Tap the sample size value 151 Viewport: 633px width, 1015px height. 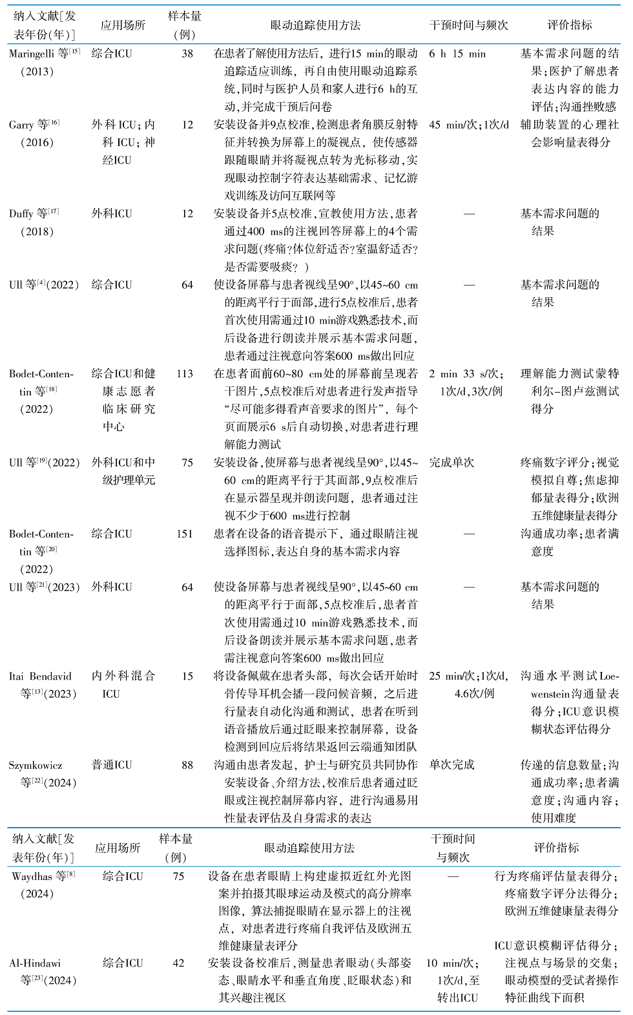pyautogui.click(x=185, y=534)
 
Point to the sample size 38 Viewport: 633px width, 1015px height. pyautogui.click(x=187, y=54)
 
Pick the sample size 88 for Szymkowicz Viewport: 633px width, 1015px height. pyautogui.click(x=187, y=765)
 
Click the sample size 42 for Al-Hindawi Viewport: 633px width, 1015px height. pyautogui.click(x=178, y=963)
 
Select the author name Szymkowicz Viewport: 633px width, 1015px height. pyautogui.click(x=36, y=765)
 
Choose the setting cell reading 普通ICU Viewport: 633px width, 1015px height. pyautogui.click(x=112, y=765)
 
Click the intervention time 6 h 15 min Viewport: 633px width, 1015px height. pyautogui.click(x=457, y=54)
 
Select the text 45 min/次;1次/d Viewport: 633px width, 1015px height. pyautogui.click(x=469, y=125)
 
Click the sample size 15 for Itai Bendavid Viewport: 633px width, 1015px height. pyautogui.click(x=187, y=676)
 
